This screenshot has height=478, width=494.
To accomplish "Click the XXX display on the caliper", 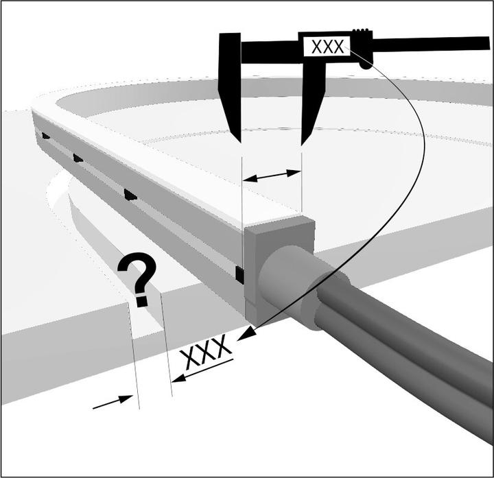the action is point(327,46).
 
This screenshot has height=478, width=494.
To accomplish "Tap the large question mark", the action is point(137,279).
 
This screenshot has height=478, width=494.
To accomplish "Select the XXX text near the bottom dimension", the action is point(205,351).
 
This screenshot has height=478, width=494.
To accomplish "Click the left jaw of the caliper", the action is point(230,85).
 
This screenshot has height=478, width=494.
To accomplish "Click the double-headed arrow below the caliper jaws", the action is point(272,176).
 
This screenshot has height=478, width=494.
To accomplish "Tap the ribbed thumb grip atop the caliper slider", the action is point(360,31).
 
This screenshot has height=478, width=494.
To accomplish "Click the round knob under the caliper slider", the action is point(366,65).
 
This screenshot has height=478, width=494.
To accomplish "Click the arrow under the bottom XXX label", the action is point(202,370).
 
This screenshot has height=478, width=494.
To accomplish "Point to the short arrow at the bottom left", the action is point(113,402).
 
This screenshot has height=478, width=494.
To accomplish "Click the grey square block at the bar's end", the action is point(279,271).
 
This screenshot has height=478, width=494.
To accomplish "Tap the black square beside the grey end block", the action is point(239,274).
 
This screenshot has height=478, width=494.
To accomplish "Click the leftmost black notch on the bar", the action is point(46,136).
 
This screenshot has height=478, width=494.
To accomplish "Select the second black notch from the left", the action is point(78,158).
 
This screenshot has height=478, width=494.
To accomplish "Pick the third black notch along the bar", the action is point(130,195).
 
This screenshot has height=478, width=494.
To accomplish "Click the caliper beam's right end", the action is point(489,43).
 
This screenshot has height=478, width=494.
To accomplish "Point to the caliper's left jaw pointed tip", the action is point(240,143).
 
